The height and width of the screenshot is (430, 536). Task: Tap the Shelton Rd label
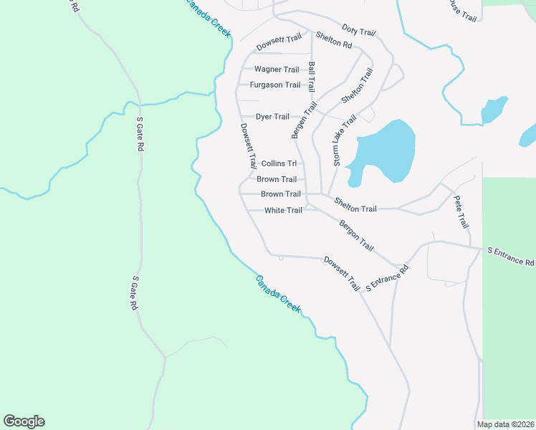[x=334, y=44]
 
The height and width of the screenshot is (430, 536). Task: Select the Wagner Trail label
[x=277, y=70]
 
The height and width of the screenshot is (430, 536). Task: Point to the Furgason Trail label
[x=275, y=85]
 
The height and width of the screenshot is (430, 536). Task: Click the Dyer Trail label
[x=273, y=117]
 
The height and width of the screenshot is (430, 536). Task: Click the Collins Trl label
[x=279, y=163]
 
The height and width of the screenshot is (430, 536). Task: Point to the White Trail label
[x=283, y=211]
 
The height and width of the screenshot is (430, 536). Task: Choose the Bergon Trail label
[x=356, y=236]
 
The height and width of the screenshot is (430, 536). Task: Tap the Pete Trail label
[x=461, y=212]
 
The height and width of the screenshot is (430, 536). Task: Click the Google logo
[x=24, y=421]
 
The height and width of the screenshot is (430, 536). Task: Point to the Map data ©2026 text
[x=506, y=424]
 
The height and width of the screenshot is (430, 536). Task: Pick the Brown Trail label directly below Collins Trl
[x=277, y=179]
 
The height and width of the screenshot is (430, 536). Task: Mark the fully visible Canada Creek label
[x=279, y=294]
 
